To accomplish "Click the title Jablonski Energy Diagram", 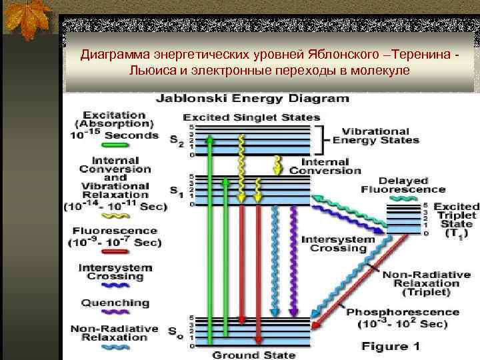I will (252, 99).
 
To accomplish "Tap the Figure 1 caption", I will (391, 346).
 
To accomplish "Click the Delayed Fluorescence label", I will (394, 185).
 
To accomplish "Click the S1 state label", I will (175, 193).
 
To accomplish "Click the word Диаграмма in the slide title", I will (109, 53).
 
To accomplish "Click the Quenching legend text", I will (115, 303).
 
